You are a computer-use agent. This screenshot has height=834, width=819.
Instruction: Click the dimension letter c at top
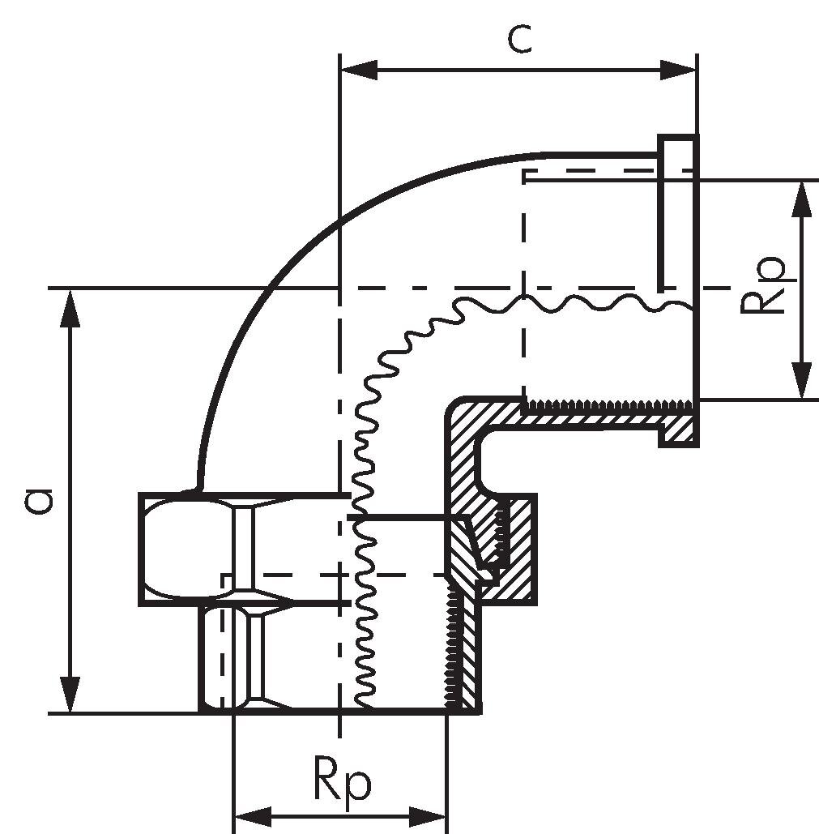pyautogui.click(x=519, y=39)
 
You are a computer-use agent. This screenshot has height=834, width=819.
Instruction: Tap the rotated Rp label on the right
pyautogui.click(x=764, y=288)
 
